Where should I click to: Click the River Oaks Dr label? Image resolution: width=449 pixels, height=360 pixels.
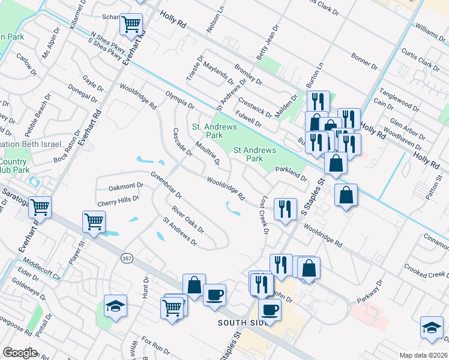coord(188,220)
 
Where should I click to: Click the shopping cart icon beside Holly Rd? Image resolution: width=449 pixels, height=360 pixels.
coord(131,25)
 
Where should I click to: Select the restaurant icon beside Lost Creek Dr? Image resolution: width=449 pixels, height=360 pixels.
coord(285,208)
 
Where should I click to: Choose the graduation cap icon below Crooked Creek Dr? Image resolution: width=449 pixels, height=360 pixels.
coord(431,327)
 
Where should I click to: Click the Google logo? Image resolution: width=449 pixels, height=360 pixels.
coord(19,353)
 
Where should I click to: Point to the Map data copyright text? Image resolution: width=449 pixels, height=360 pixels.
coord(424,355)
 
